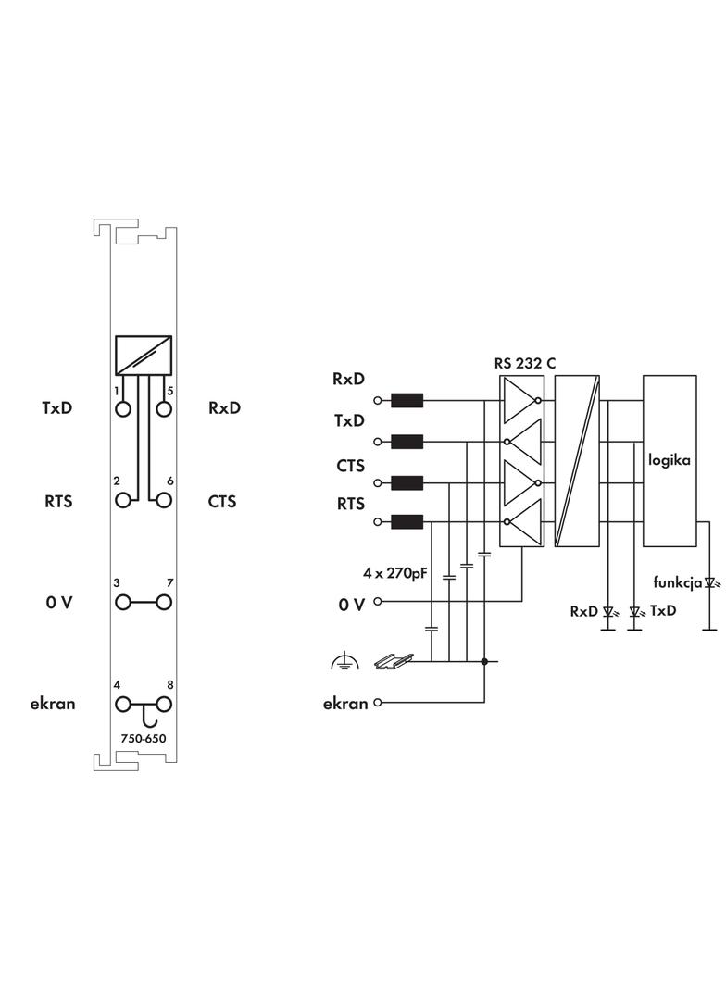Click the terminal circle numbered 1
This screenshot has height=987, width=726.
point(122,408)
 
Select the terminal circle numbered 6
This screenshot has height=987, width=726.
point(164,501)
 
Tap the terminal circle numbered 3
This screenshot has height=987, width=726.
point(122,603)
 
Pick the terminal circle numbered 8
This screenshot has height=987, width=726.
point(164,705)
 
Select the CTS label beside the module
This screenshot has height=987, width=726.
point(222,502)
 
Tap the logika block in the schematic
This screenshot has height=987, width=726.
point(670,460)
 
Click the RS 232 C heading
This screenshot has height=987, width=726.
point(525,364)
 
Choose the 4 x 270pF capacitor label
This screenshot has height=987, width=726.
point(395,573)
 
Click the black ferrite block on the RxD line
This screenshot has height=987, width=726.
point(407,401)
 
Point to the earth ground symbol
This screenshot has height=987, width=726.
point(344,660)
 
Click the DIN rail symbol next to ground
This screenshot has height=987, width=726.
point(393,660)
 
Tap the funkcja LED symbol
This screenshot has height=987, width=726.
point(710,583)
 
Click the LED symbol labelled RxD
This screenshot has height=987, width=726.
point(608,611)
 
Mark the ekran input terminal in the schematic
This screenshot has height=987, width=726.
point(377,703)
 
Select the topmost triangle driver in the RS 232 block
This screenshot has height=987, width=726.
point(521,400)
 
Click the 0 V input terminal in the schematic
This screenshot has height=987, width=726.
point(377,602)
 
